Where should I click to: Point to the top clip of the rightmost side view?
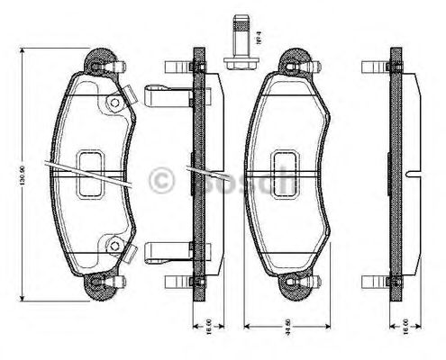click(x=377, y=65)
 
